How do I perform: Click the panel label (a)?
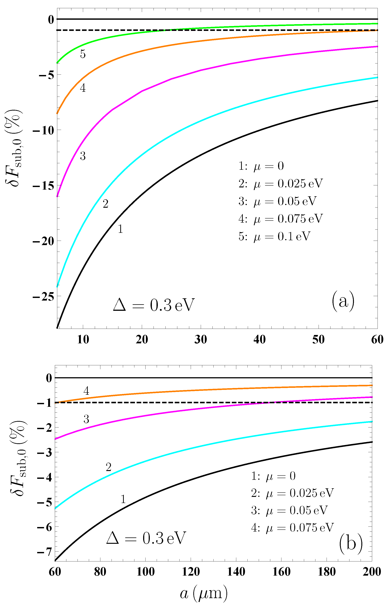click(343, 301)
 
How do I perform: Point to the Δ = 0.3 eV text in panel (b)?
click(146, 538)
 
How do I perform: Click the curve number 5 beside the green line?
click(83, 54)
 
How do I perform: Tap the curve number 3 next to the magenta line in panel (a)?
click(83, 156)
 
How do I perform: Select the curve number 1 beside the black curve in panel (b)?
click(123, 499)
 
